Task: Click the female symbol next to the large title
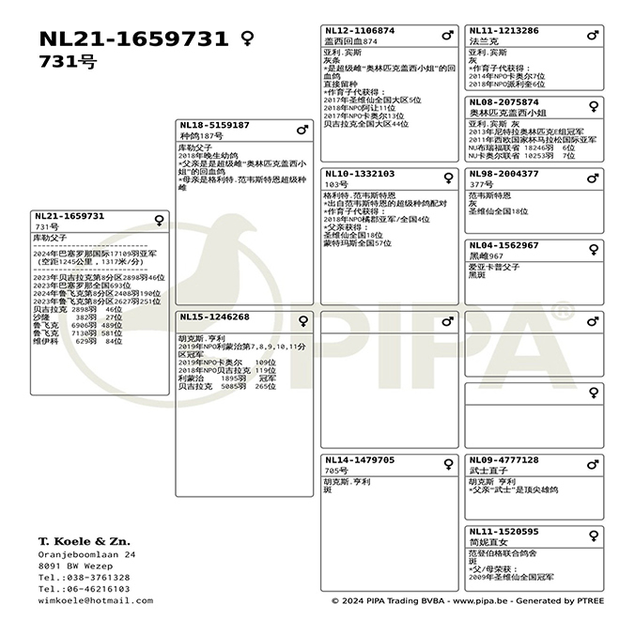pos(248,39)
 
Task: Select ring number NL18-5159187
pos(214,125)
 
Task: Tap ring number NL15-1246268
pos(214,317)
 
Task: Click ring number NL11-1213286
pos(503,31)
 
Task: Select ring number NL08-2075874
pos(503,102)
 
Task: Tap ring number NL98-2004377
pos(503,174)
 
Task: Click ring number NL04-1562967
pos(503,245)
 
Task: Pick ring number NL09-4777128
pos(503,460)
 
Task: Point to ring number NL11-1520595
pos(503,532)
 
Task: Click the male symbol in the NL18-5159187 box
pos(302,129)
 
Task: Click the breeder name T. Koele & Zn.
pos(85,542)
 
